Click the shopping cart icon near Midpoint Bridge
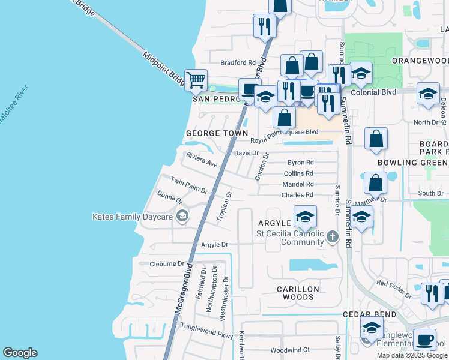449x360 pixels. [x=196, y=79]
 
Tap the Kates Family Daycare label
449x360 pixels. [x=132, y=217]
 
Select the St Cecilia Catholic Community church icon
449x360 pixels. [x=333, y=238]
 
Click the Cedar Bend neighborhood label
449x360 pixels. [x=369, y=314]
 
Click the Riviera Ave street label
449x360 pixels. [x=202, y=160]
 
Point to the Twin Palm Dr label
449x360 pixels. [x=188, y=185]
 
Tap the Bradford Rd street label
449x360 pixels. [x=238, y=62]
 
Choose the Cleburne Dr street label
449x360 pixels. [x=167, y=263]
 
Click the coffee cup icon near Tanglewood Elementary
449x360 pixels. [x=425, y=339]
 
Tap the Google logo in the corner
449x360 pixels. [x=20, y=353]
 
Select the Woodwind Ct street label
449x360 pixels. [x=289, y=350]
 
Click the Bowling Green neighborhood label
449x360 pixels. [x=412, y=163]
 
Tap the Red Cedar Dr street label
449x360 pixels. [x=394, y=289]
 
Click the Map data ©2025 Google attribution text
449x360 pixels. [x=412, y=355]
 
